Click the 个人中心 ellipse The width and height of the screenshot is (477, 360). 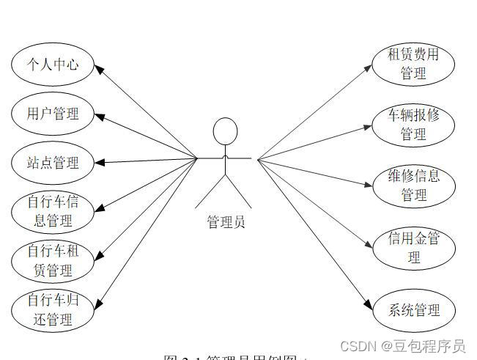[53, 65]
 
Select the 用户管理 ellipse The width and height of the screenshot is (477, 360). [53, 114]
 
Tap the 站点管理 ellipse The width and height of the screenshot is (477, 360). [53, 163]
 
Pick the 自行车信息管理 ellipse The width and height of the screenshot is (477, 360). [53, 211]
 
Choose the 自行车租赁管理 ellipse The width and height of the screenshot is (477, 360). [53, 260]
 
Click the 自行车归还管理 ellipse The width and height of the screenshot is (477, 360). [53, 309]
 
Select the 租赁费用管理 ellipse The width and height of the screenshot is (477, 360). [414, 64]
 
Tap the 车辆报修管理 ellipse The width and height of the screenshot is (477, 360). [414, 125]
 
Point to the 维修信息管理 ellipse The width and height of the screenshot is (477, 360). [414, 185]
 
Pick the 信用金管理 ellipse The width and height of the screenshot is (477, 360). [414, 248]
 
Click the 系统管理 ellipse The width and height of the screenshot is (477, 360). [414, 310]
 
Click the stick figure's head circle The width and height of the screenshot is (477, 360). [225, 132]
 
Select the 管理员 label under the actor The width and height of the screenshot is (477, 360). [226, 221]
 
